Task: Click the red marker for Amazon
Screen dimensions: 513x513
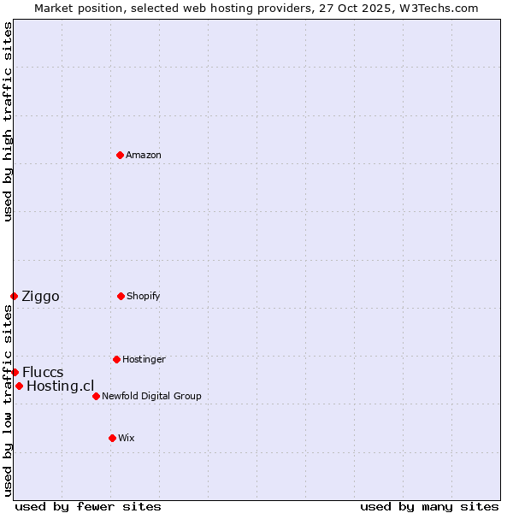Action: pos(120,155)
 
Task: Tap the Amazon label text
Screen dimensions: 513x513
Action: pos(144,156)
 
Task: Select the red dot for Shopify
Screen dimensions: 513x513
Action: pos(121,296)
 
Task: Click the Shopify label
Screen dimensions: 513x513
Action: pos(144,297)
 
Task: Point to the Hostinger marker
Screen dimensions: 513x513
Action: pos(116,359)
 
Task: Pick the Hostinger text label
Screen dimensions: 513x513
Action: pos(144,360)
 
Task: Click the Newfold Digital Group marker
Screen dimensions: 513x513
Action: pos(96,396)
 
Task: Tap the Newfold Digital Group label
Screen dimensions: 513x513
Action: pos(151,397)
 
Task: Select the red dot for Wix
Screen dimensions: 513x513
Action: pos(112,438)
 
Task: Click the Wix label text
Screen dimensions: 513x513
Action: pos(127,439)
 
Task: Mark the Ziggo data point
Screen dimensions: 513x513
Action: pos(14,296)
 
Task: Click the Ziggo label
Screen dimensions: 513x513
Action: pos(40,297)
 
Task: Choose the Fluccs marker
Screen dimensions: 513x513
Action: pos(15,372)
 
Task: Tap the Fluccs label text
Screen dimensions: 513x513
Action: pos(43,373)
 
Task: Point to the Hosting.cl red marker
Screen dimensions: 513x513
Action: pos(19,386)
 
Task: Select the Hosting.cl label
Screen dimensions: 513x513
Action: pos(60,386)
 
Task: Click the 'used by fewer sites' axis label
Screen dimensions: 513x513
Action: pos(88,506)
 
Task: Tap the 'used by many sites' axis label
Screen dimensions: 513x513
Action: pos(429,506)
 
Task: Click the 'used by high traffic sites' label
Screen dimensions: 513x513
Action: pos(8,121)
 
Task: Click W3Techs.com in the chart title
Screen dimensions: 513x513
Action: pos(437,8)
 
